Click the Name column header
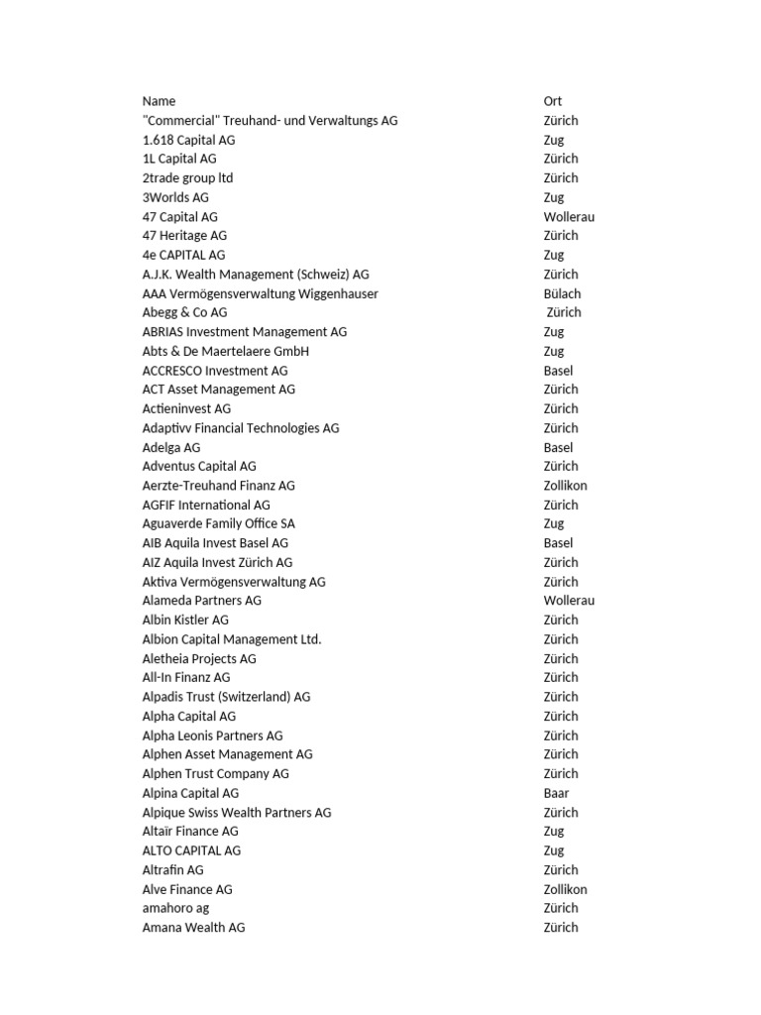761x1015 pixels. pos(159,101)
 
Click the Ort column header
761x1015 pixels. pos(552,101)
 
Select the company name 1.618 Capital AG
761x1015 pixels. pos(188,140)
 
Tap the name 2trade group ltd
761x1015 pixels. pos(187,178)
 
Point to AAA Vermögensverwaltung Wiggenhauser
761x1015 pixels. pos(260,293)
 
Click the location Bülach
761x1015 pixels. pos(562,293)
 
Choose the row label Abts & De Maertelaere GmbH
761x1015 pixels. pos(225,351)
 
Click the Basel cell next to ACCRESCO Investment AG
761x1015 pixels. pos(558,371)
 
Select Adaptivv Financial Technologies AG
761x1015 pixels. pos(240,428)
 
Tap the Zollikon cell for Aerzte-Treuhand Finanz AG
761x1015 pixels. pos(565,486)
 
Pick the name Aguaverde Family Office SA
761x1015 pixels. pos(218,523)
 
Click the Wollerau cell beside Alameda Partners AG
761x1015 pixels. pos(569,601)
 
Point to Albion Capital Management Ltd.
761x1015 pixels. pos(232,639)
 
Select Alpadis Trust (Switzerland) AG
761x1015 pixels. pos(226,697)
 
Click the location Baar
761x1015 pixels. pos(556,793)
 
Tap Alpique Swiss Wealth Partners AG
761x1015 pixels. pos(237,813)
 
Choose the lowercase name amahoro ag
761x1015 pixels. pos(175,908)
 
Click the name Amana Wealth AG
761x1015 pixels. pos(193,928)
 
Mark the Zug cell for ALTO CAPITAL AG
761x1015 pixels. pos(553,850)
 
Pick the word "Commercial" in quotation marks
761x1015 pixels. pos(181,121)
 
